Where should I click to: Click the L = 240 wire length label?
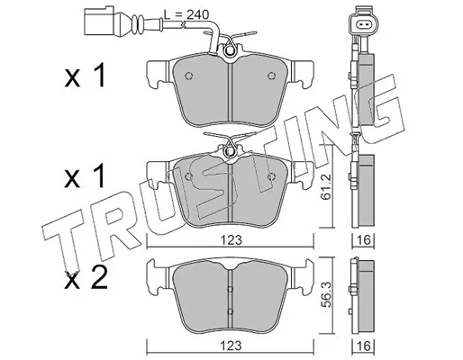[186, 14]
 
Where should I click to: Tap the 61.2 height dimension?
[326, 186]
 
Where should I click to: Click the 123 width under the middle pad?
[231, 240]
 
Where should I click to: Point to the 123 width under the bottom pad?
[231, 346]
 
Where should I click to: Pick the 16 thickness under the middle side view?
[363, 240]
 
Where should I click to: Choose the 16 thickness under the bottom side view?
[363, 346]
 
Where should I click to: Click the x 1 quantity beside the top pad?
[86, 76]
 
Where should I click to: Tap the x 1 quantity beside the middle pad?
[86, 176]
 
